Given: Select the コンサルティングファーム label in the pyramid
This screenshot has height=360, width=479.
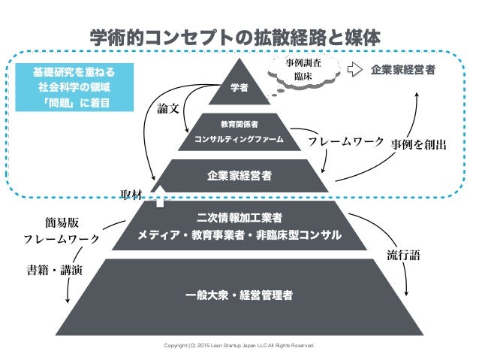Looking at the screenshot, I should [239, 140].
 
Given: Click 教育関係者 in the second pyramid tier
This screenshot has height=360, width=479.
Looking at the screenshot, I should [239, 123].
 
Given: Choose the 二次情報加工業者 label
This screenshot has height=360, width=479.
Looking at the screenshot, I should [239, 218].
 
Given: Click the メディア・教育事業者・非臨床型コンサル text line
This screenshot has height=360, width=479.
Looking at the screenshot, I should [239, 236].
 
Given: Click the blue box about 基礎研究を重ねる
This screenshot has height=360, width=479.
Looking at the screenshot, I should [77, 86].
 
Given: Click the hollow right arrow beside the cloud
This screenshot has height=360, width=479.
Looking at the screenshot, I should [355, 70].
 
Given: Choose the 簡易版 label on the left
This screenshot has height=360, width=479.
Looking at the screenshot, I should [62, 223].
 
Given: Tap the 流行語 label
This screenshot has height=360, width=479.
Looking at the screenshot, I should [402, 256].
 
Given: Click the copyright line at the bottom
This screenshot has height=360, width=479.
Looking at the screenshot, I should [239, 346].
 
